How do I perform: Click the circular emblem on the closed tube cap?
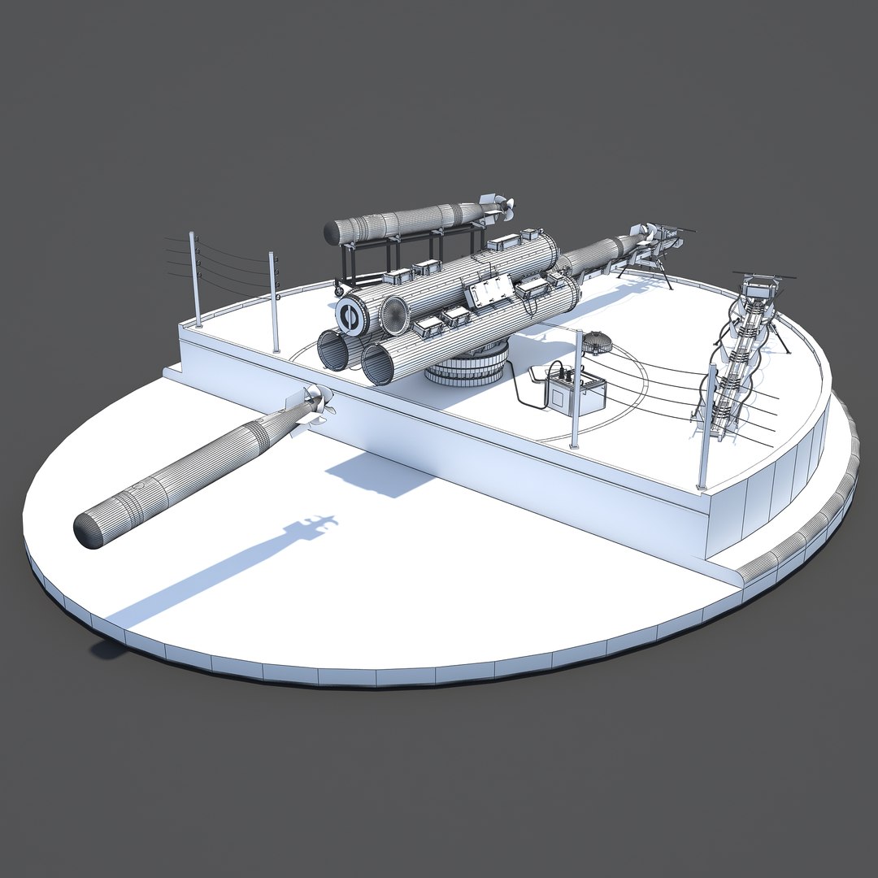351,316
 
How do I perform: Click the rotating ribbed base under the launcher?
467,365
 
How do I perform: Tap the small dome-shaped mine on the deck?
597,342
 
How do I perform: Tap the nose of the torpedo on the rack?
332,233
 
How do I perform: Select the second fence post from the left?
274,301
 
